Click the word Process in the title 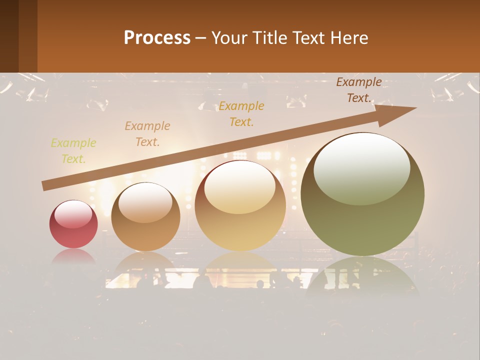pos(157,38)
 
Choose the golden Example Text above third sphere pos(241,114)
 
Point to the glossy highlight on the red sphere pos(73,214)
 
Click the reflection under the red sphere pos(73,257)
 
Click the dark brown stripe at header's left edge pos(9,36)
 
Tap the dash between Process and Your pos(201,38)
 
